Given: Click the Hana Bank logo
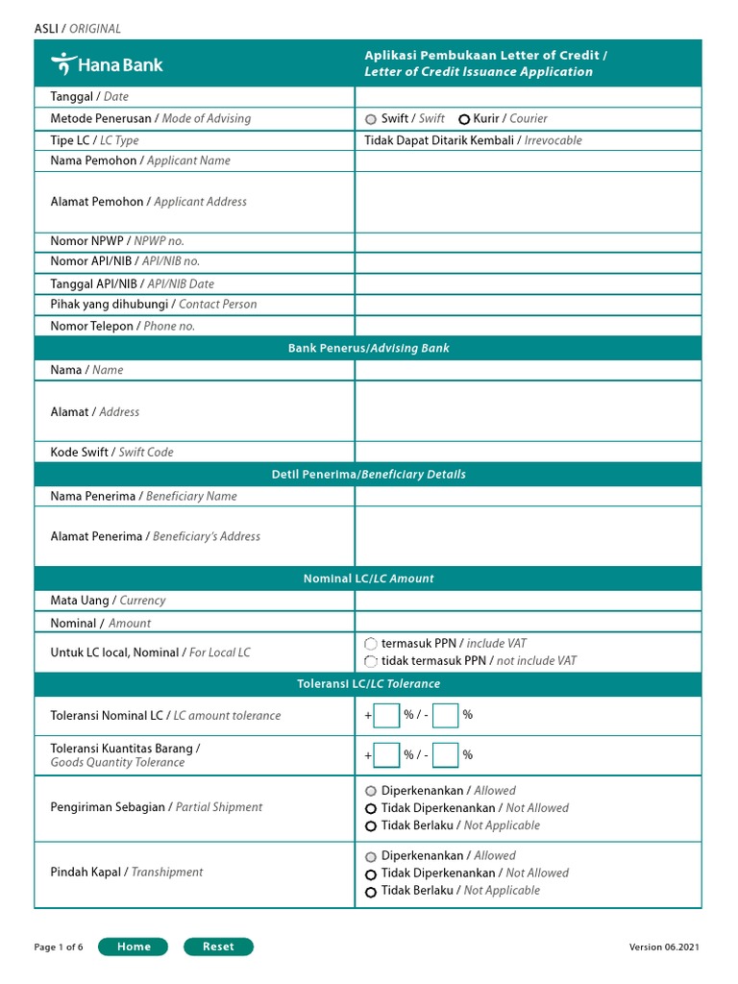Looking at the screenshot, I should (107, 64).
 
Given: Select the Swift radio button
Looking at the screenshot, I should (371, 119).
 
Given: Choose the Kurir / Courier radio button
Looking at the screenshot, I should (464, 119).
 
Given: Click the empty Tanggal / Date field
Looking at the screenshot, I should (528, 97).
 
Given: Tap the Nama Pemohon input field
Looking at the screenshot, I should (528, 160).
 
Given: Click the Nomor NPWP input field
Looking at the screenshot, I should (528, 241).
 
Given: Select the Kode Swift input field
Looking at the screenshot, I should (528, 452).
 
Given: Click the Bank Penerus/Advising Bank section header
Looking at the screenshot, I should (368, 348).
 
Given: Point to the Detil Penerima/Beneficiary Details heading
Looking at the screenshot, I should (368, 475).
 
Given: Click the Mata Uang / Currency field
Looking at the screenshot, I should (528, 601).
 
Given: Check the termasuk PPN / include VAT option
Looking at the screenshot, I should (371, 644).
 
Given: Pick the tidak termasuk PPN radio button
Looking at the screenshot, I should (371, 661).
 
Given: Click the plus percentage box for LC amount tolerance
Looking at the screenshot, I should (386, 716).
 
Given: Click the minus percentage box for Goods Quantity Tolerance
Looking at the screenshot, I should (445, 755).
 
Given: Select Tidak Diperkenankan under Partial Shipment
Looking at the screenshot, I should (371, 809).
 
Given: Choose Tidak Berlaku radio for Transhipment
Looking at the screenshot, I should (371, 892).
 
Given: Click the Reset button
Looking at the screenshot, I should (218, 947).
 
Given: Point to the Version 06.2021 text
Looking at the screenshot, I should (664, 947).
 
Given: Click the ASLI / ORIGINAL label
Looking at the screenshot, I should (78, 29).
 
